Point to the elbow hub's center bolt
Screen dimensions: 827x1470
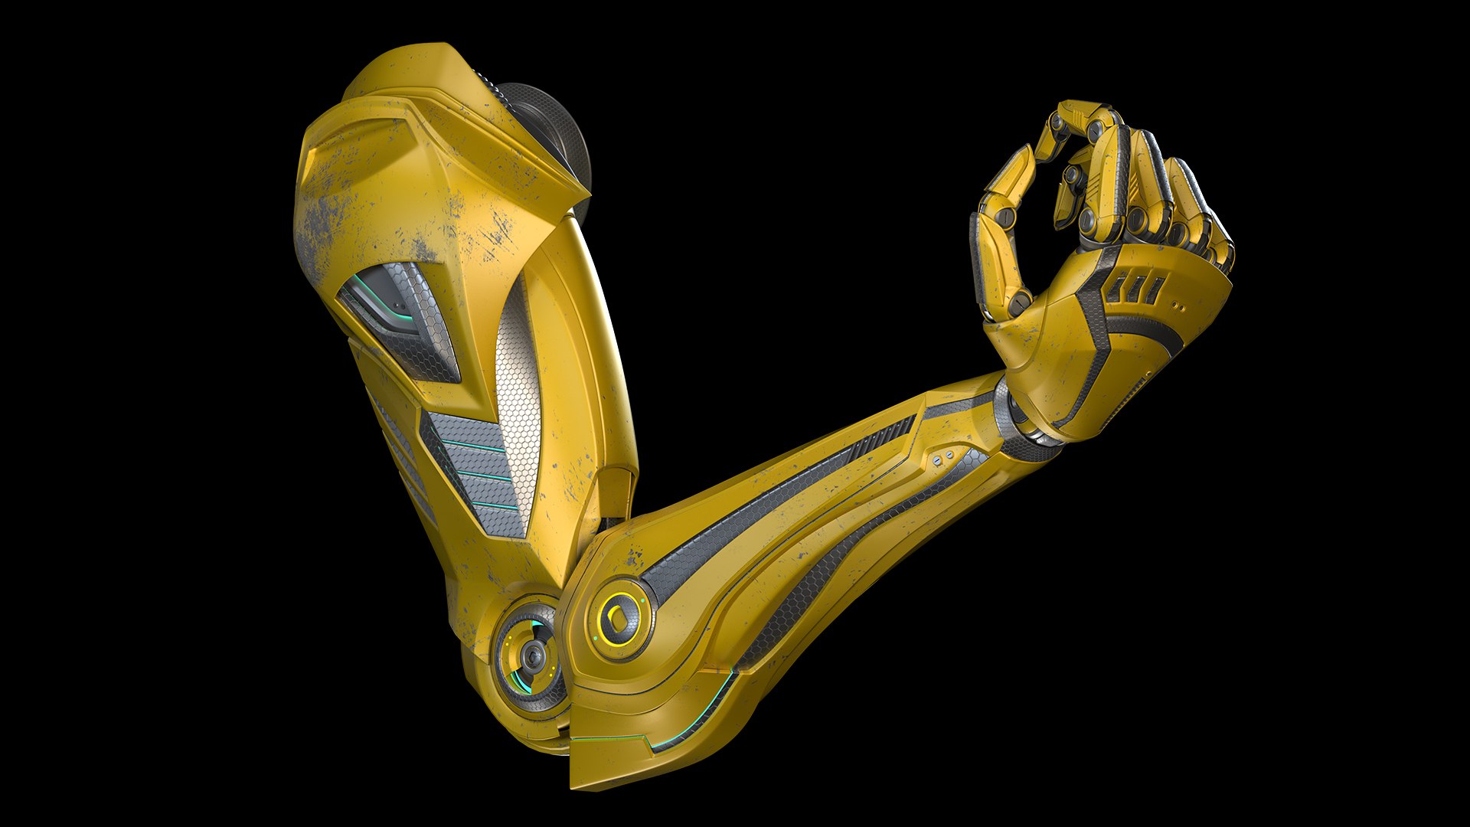tap(530, 655)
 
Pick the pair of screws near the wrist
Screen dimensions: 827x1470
tap(944, 457)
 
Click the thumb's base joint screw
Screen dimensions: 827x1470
tap(1019, 302)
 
